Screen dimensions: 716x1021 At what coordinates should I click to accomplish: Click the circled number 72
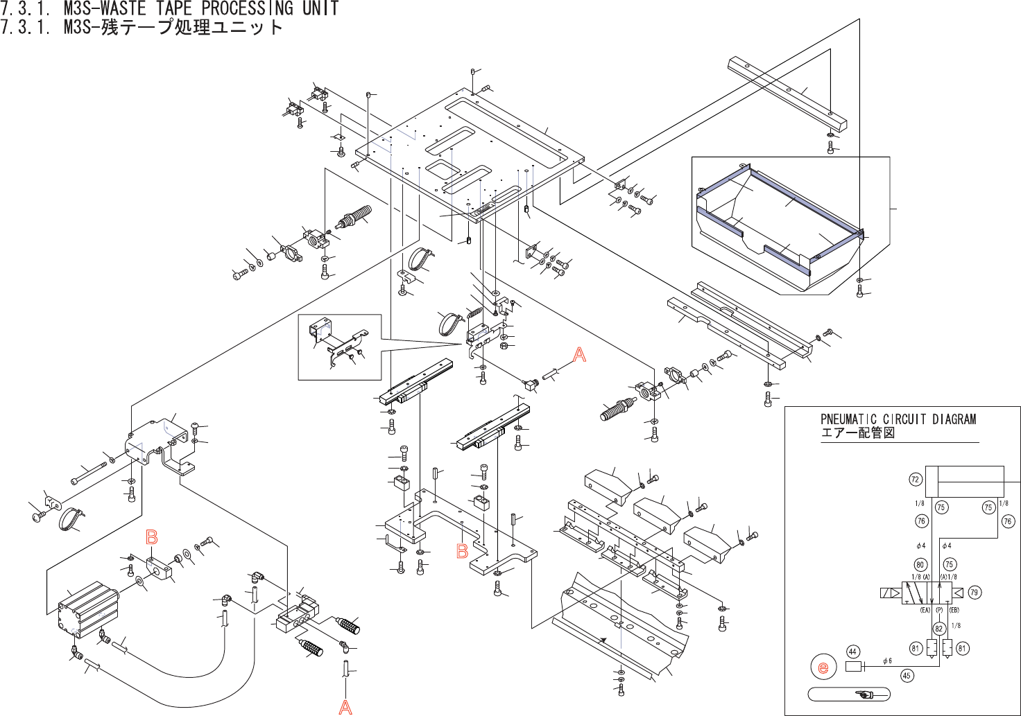[915, 480]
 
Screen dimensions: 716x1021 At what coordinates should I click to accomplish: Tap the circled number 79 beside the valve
[975, 593]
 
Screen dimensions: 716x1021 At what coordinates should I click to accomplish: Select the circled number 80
[920, 564]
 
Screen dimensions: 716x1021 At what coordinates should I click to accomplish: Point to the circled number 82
[939, 629]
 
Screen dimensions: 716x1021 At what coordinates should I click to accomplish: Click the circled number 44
[853, 652]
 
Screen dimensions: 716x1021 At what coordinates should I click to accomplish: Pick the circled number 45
[907, 676]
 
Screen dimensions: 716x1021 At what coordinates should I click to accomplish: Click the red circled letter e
[823, 667]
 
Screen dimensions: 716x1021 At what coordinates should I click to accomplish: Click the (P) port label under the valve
[939, 611]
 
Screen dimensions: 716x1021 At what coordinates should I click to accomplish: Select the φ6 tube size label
[887, 661]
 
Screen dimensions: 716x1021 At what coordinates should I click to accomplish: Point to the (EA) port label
[925, 611]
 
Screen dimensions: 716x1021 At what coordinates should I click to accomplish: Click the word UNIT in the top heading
[320, 8]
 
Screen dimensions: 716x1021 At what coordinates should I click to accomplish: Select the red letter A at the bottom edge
[345, 707]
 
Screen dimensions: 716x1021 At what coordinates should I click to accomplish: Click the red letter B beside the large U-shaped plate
[462, 551]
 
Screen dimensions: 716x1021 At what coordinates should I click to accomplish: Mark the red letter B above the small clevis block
[152, 537]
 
